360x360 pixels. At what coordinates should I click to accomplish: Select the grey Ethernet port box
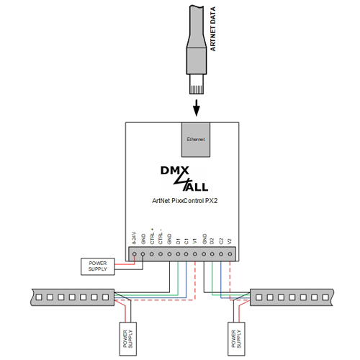coord(196,138)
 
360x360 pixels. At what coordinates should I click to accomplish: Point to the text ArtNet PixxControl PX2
coord(181,200)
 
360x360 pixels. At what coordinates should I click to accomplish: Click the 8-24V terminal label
coord(134,239)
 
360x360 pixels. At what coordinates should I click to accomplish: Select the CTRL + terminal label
coord(151,238)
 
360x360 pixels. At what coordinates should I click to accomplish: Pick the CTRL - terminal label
coord(160,238)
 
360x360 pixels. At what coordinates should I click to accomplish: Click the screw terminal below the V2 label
coord(230,253)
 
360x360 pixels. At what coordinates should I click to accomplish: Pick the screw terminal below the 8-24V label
coord(134,253)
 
